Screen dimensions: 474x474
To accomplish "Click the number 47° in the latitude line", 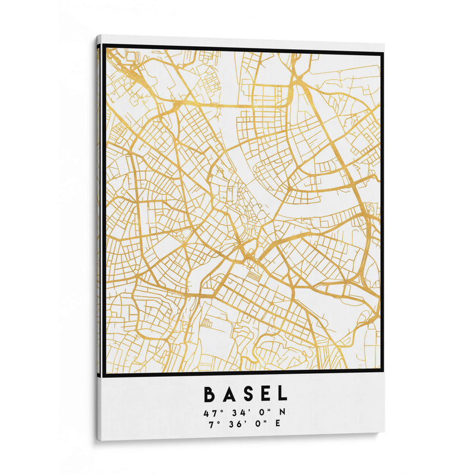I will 212,412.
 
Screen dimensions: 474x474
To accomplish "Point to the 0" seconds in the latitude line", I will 261,412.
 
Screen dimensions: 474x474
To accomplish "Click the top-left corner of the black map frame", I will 104,46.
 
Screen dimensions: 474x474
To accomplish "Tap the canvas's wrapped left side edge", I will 98,237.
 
